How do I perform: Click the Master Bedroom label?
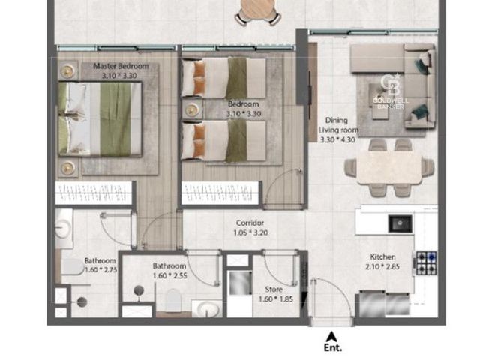[121, 66]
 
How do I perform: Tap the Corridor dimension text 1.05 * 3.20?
[250, 232]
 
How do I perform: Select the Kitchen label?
[382, 256]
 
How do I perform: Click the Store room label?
[274, 289]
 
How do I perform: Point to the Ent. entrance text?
[333, 348]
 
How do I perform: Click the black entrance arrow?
[331, 337]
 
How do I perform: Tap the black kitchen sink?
[400, 223]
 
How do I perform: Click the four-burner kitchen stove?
[426, 263]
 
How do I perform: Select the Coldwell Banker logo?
[390, 91]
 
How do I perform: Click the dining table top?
[389, 168]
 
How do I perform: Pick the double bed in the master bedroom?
[100, 118]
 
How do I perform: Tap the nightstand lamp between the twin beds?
[192, 109]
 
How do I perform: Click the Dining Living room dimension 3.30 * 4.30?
[337, 140]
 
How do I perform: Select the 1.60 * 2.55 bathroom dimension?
[170, 275]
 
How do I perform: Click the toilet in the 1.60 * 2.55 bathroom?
[173, 300]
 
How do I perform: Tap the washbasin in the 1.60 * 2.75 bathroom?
[63, 228]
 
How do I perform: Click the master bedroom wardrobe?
[94, 193]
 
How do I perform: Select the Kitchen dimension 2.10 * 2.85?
[382, 267]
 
